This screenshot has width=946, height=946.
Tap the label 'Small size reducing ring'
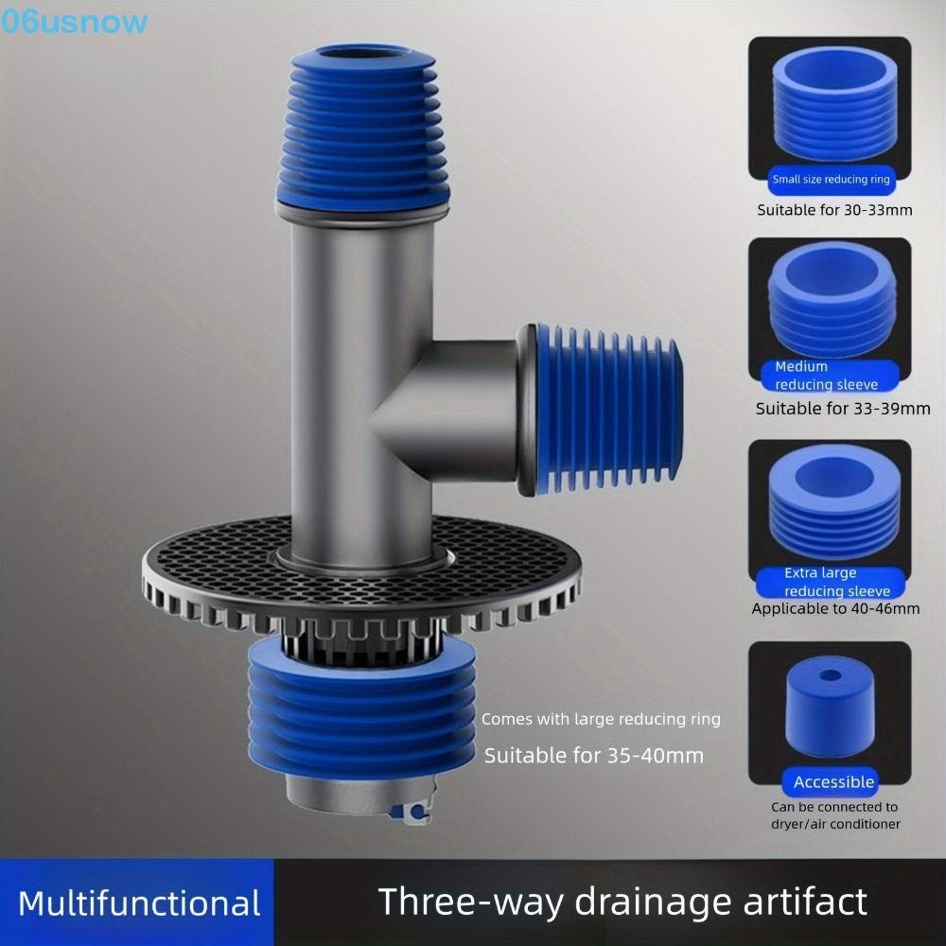(x=831, y=180)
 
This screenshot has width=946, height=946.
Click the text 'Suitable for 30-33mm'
(x=834, y=210)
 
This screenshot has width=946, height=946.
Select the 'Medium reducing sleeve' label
(x=826, y=376)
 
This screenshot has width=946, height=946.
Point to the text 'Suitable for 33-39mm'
(x=842, y=409)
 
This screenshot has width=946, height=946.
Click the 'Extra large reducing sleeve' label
(x=832, y=582)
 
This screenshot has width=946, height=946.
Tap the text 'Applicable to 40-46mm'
(x=835, y=608)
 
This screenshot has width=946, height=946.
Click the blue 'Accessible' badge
(x=833, y=782)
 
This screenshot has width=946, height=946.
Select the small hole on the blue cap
(x=830, y=677)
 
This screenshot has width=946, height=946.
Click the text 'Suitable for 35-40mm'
(x=594, y=756)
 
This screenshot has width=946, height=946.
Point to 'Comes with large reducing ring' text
(x=601, y=719)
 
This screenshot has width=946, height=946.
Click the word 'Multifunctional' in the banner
(x=139, y=902)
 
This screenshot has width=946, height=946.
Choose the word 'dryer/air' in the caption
(x=804, y=824)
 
